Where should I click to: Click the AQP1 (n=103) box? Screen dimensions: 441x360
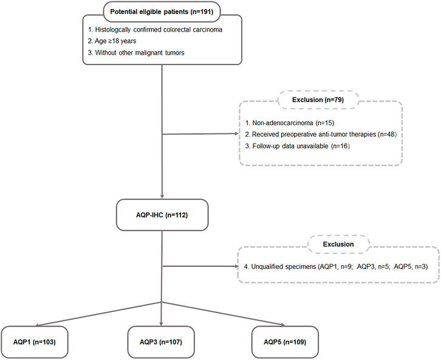(35, 342)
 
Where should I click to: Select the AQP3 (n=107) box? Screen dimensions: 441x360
(161, 342)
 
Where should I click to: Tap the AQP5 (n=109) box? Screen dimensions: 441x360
(285, 342)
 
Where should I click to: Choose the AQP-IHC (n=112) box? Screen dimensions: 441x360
(162, 215)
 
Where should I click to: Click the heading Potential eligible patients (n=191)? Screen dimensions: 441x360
(162, 12)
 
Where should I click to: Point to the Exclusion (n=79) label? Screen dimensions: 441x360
(318, 100)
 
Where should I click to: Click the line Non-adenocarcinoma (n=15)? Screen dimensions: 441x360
(290, 123)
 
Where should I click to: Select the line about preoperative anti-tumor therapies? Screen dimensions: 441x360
(321, 134)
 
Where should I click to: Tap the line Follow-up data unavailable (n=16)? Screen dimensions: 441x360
(297, 146)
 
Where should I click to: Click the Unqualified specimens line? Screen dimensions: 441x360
(336, 266)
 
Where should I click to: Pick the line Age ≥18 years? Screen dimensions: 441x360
(112, 41)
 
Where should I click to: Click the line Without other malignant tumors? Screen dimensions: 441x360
(136, 53)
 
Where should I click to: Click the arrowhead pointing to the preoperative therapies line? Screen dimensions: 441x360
(236, 134)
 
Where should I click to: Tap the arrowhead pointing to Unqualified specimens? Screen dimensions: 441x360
(236, 266)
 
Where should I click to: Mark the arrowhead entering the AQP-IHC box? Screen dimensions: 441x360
(162, 196)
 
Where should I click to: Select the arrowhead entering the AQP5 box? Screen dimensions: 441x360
(282, 325)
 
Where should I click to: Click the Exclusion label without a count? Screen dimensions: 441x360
(338, 244)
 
